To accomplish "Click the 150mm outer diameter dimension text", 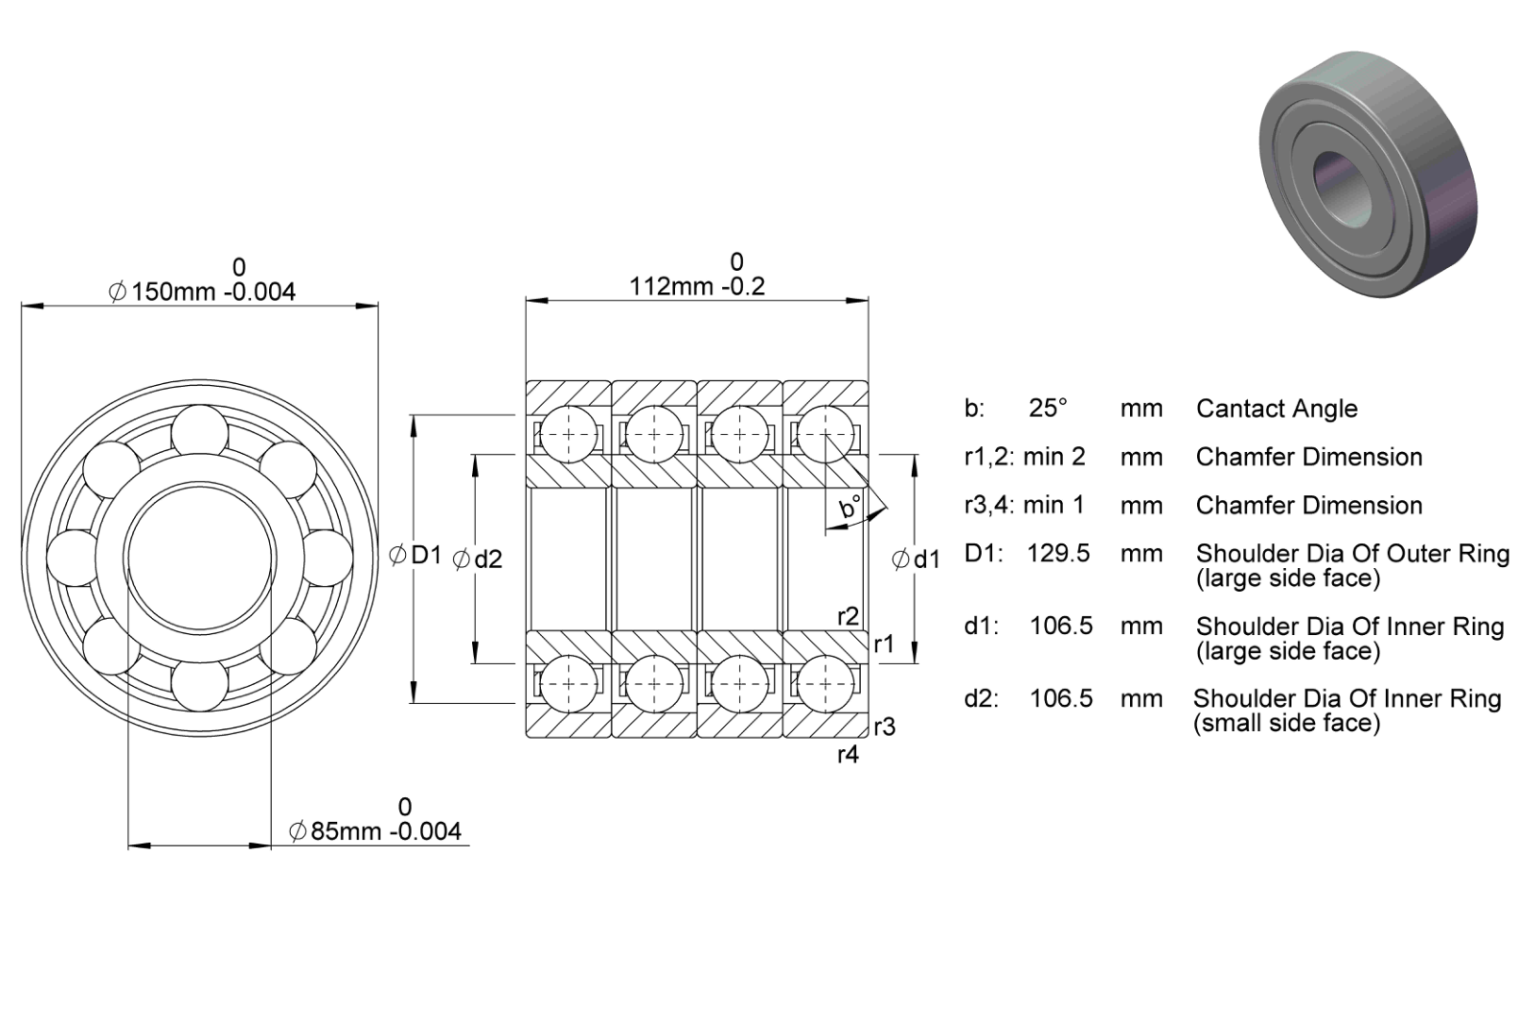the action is pos(202,293).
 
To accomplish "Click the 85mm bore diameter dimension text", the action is pos(376,831).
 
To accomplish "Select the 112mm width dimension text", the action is pos(697,286).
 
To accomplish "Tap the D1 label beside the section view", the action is pos(415,554).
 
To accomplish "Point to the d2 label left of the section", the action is pos(478,559).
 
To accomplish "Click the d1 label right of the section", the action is pos(916,560).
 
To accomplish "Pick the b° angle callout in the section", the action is pos(851,507).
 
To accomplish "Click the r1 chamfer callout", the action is pos(884,644).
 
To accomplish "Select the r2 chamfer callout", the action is pos(849,616).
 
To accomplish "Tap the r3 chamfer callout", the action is pos(885,727).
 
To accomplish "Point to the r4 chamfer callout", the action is pos(848,754).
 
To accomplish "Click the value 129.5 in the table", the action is pos(1058,553).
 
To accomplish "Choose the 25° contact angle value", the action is pos(1048,409).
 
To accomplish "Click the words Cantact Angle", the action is pos(1276,409).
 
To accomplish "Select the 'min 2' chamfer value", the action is pos(1054,457).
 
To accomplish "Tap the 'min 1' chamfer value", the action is pos(1054,505).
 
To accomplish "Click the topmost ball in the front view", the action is pos(199,429).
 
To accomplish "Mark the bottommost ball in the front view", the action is pos(199,686).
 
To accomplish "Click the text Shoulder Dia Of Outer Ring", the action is pos(1353,554).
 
